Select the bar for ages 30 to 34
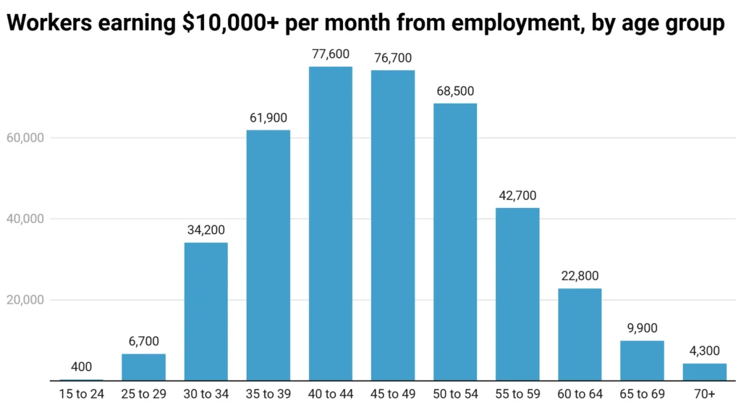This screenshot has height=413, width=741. (x=206, y=312)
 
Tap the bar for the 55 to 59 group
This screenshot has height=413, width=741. (x=517, y=294)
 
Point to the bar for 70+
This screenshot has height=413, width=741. (x=704, y=372)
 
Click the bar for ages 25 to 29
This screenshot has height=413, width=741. (x=143, y=367)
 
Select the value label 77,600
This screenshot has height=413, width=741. (x=331, y=55)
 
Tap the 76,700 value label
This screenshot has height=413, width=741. (x=393, y=58)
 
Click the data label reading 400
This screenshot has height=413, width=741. (x=81, y=367)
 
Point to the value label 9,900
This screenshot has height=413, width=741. (x=642, y=328)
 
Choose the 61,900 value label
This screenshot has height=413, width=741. (x=268, y=118)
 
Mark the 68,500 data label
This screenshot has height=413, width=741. (x=455, y=91)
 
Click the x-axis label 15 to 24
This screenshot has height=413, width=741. (x=81, y=396)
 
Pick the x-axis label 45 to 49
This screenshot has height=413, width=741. (x=393, y=396)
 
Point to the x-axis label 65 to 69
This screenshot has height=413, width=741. (x=642, y=396)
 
